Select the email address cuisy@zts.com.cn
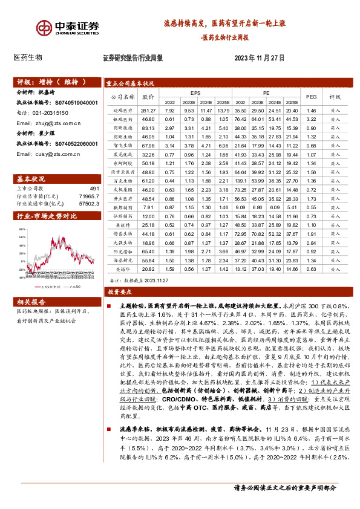(49, 154)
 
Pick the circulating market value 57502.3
(88, 205)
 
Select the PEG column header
(311, 96)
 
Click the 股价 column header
(148, 96)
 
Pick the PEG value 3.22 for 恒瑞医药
(311, 120)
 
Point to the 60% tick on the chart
(22, 229)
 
